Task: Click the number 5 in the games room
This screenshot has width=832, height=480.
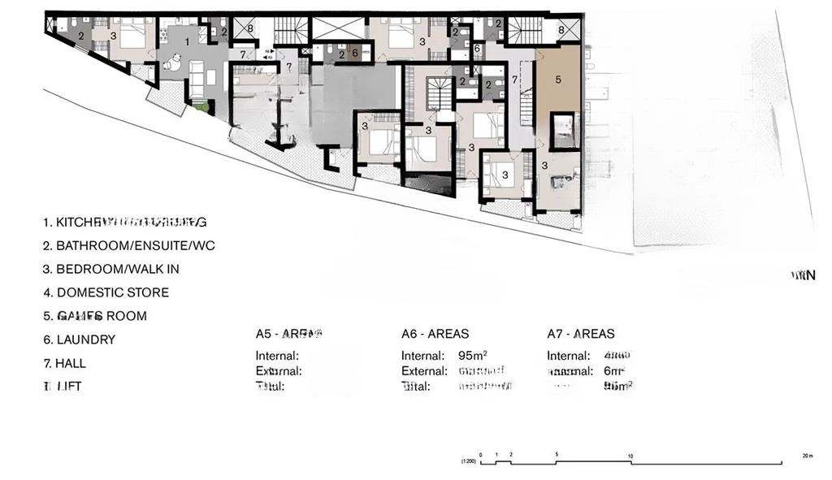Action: (558, 80)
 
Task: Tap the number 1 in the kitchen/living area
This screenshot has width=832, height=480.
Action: (188, 40)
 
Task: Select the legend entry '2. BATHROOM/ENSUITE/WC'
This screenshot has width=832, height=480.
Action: (129, 245)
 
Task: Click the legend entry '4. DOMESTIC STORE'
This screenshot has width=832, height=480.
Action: (106, 292)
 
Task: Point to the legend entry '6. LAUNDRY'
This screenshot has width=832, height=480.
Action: (80, 339)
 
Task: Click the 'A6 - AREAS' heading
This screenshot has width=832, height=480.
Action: (435, 334)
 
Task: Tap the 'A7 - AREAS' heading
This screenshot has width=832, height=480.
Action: (580, 334)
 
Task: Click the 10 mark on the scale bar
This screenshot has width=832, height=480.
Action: (630, 455)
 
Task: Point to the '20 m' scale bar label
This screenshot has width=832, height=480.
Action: (807, 455)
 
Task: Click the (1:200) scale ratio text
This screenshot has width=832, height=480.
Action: (468, 462)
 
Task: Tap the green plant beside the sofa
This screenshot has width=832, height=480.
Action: (201, 106)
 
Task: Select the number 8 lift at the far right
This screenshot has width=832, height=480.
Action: (561, 29)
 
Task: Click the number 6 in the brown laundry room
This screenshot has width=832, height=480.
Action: (354, 53)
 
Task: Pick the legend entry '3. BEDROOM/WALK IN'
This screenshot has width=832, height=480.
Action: (111, 269)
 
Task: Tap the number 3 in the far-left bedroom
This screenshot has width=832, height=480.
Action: (113, 36)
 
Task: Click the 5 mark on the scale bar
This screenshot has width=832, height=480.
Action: (556, 455)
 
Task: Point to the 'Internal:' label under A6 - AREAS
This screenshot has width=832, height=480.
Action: (422, 356)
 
